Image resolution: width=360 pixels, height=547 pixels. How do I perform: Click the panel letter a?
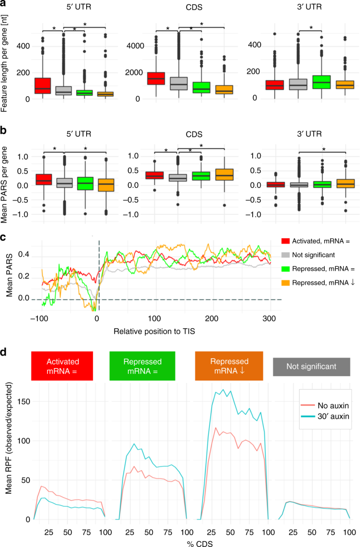pyautogui.click(x=5, y=5)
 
